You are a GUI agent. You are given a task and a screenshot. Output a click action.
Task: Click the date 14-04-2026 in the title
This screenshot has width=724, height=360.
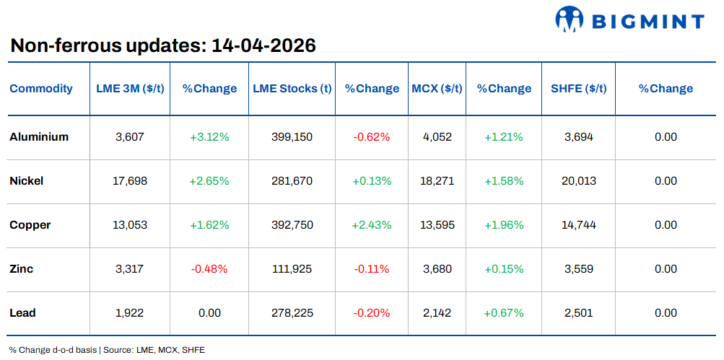pyautogui.click(x=263, y=46)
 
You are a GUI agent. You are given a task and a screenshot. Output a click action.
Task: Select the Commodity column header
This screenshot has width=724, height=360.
pyautogui.click(x=41, y=89)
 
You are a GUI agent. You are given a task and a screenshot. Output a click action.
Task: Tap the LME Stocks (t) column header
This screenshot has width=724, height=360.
pyautogui.click(x=292, y=89)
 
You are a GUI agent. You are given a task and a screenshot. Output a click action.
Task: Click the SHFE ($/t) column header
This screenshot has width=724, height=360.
pyautogui.click(x=578, y=89)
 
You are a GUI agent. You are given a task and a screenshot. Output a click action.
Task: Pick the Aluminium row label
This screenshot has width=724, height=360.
pyautogui.click(x=39, y=137)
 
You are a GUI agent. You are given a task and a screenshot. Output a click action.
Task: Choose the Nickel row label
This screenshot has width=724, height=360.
pyautogui.click(x=27, y=181)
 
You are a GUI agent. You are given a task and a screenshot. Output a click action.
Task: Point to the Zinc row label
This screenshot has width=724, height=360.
pyautogui.click(x=22, y=269)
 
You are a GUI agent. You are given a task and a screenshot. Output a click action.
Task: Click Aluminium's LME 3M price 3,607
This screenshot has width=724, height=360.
pyautogui.click(x=130, y=137)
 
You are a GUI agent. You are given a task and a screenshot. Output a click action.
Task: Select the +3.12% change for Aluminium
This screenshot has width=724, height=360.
pyautogui.click(x=209, y=137)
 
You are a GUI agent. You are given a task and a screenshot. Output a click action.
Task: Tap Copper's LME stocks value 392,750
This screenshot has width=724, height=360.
pyautogui.click(x=292, y=225)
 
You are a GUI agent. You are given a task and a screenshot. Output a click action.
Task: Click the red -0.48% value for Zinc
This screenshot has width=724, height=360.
pyautogui.click(x=209, y=269)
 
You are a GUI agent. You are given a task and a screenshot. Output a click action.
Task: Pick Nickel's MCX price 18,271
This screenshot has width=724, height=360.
pyautogui.click(x=437, y=181)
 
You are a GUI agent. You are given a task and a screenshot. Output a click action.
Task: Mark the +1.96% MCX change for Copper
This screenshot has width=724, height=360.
pyautogui.click(x=504, y=225)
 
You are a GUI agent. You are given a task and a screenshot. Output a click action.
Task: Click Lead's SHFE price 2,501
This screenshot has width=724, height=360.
pyautogui.click(x=578, y=313)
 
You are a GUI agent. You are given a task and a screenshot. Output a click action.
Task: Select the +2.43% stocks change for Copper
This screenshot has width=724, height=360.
pyautogui.click(x=372, y=225)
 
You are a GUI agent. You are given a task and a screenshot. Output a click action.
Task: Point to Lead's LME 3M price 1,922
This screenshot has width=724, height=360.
pyautogui.click(x=130, y=313)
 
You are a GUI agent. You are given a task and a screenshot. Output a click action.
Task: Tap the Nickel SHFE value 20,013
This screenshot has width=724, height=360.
pyautogui.click(x=578, y=181)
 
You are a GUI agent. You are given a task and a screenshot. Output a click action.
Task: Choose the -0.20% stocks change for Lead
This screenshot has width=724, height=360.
pyautogui.click(x=372, y=313)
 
